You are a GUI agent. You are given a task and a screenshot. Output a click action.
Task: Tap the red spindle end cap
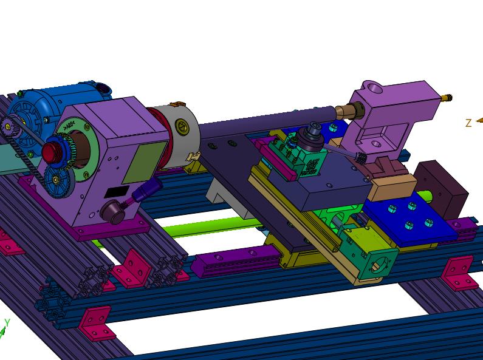pyautogui.click(x=49, y=152)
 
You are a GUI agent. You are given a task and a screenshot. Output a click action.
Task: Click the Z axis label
pyautogui.click(x=468, y=123)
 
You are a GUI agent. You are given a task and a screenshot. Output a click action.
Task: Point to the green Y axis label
pyautogui.click(x=7, y=322)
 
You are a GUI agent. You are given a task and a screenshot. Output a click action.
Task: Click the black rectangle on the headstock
pyautogui.click(x=117, y=192)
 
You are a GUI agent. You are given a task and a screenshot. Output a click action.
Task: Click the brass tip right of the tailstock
pyautogui.click(x=446, y=98)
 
